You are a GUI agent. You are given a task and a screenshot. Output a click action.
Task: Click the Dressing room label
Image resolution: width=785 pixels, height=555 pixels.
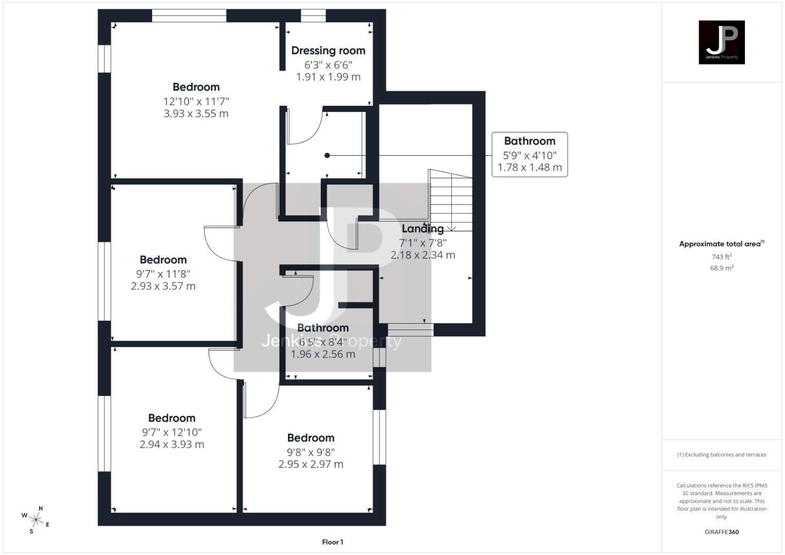click(x=328, y=50)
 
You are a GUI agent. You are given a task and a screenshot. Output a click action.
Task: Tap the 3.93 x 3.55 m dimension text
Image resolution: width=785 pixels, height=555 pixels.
click(x=196, y=114)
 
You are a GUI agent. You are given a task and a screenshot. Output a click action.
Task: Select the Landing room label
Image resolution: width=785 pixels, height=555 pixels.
click(x=423, y=229)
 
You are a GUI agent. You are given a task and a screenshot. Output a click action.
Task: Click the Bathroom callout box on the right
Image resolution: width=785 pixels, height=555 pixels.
click(x=530, y=154)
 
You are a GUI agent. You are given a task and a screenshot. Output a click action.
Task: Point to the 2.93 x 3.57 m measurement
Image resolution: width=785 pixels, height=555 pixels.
click(x=163, y=286)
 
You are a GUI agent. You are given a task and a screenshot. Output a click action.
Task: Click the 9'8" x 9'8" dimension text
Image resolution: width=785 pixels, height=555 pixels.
click(x=311, y=452)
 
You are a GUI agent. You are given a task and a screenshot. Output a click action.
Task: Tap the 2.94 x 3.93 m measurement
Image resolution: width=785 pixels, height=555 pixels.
click(x=172, y=445)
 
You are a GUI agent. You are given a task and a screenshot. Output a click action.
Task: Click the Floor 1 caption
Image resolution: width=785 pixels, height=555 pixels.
click(x=333, y=542)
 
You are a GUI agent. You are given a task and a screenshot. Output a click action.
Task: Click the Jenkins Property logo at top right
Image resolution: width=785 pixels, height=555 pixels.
click(x=721, y=42)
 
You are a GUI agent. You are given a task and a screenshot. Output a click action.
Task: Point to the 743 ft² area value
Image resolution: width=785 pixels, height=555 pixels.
click(x=721, y=257)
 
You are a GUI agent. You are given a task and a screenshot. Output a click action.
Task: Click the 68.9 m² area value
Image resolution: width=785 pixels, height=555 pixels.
click(x=721, y=268)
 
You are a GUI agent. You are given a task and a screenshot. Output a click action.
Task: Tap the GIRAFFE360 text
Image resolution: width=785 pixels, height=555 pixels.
click(x=721, y=532)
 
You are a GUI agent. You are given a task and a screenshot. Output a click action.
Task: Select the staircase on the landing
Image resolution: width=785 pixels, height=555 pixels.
click(x=450, y=200)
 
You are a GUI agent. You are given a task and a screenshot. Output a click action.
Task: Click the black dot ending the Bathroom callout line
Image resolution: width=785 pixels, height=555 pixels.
click(x=327, y=155)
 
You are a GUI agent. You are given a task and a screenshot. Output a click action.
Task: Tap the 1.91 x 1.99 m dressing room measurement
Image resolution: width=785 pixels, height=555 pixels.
click(x=328, y=77)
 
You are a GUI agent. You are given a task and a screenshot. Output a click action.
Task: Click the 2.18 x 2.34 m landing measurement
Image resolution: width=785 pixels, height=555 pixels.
click(x=423, y=255)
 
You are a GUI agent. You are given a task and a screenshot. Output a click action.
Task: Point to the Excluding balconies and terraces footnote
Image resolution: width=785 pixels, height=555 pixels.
click(x=721, y=455)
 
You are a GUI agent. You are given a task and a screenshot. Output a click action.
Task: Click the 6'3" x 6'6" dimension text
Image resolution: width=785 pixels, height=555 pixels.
click(x=328, y=65)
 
